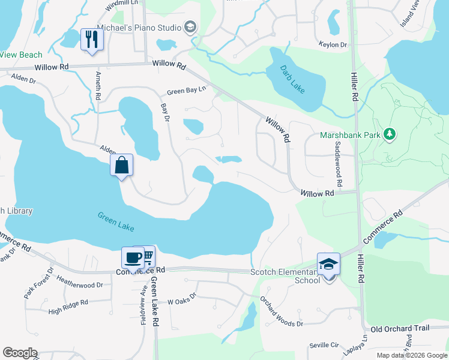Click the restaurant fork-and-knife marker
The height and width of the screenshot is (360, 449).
tap(92, 40)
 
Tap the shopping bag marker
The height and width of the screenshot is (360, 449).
tap(121, 165)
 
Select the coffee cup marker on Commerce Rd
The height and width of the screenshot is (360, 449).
tap(133, 258)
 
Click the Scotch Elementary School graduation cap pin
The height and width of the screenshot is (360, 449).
tap(328, 264)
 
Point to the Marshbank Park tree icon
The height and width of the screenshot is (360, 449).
tap(390, 134)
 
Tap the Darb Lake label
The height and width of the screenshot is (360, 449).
tap(292, 78)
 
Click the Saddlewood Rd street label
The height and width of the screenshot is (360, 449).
tap(339, 163)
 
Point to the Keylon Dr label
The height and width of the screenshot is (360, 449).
tap(335, 45)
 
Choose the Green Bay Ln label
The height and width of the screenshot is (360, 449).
tap(186, 91)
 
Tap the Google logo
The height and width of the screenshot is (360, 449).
tap(20, 353)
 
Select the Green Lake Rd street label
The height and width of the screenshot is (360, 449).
tap(154, 300)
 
